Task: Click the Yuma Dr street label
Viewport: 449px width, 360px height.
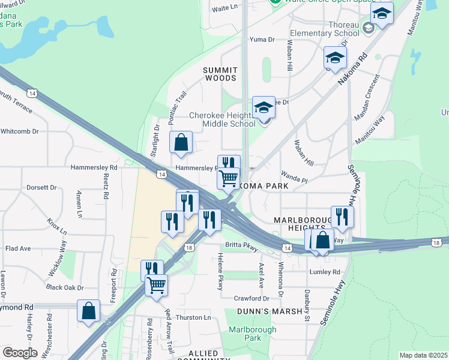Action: (x=262, y=40)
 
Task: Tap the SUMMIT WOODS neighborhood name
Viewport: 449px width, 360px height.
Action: (x=221, y=74)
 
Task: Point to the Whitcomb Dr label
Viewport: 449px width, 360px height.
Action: (x=19, y=131)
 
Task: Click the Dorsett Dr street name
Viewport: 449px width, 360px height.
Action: (x=41, y=188)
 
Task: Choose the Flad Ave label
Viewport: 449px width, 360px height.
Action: (x=18, y=248)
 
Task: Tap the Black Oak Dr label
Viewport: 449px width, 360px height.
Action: (x=64, y=287)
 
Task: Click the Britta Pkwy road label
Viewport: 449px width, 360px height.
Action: (x=241, y=245)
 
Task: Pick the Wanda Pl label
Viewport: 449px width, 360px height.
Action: (x=294, y=179)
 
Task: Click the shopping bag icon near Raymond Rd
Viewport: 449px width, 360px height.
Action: (x=88, y=311)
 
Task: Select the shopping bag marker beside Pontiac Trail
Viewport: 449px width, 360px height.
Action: (x=181, y=143)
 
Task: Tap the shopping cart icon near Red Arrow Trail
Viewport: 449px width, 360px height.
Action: (x=156, y=284)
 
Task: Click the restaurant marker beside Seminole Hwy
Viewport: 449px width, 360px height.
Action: (x=342, y=217)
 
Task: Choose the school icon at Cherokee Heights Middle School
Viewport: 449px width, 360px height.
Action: (x=264, y=108)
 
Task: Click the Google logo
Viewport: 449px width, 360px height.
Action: (x=20, y=353)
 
